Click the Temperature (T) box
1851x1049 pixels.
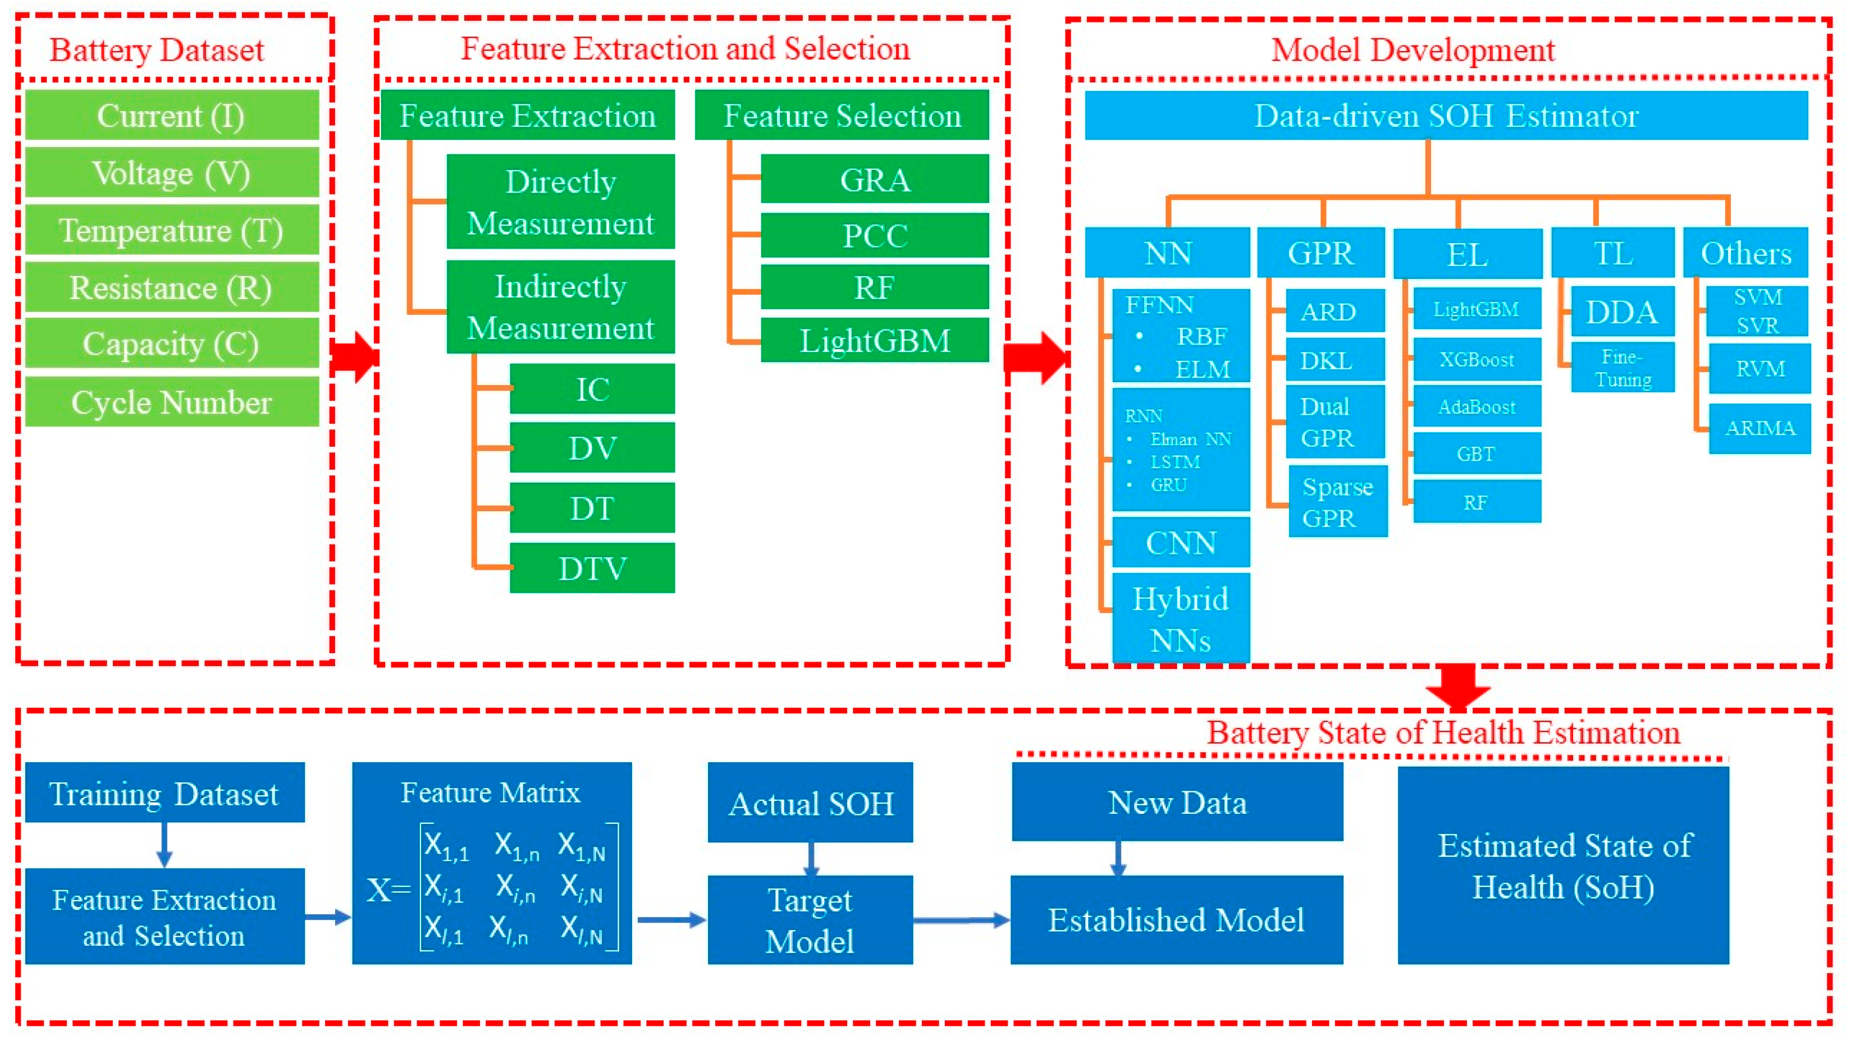[171, 231]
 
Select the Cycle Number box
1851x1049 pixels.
[171, 402]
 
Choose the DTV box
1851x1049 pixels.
[592, 569]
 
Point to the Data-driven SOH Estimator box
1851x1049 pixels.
[1446, 115]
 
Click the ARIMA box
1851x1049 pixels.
[1759, 429]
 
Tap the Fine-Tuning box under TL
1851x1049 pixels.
[1623, 368]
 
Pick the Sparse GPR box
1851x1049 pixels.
[1337, 502]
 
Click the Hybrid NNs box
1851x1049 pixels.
[1180, 618]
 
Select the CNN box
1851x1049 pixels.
[1180, 543]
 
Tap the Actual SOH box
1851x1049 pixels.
[810, 803]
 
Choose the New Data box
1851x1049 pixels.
[1177, 802]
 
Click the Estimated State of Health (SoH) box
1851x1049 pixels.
[1563, 865]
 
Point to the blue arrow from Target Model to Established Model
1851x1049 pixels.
[961, 920]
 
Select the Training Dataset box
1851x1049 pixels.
[164, 793]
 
